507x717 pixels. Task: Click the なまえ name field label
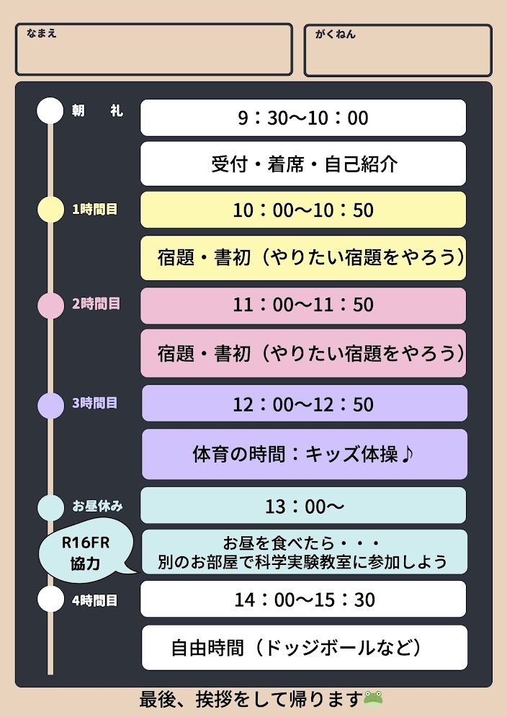[42, 33]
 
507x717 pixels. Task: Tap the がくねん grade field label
[335, 34]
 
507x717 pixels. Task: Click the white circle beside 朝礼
[50, 111]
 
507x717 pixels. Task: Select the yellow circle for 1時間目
[50, 210]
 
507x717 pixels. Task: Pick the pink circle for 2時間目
[50, 306]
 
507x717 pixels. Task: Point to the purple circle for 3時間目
[50, 405]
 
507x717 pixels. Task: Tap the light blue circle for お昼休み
[50, 507]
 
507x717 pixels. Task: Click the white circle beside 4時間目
[50, 599]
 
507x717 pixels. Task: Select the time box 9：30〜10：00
[303, 117]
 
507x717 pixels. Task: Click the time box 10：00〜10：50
[303, 210]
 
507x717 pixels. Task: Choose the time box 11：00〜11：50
[303, 306]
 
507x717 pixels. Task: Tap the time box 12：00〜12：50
[305, 404]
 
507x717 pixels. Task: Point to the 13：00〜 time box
[303, 505]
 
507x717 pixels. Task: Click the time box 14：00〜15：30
[303, 599]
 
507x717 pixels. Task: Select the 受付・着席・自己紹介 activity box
[303, 164]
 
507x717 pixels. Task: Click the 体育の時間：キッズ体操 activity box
[305, 454]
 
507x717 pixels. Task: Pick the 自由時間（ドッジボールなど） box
[305, 648]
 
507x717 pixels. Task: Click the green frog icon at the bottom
[373, 699]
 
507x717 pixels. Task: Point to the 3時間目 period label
[95, 403]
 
